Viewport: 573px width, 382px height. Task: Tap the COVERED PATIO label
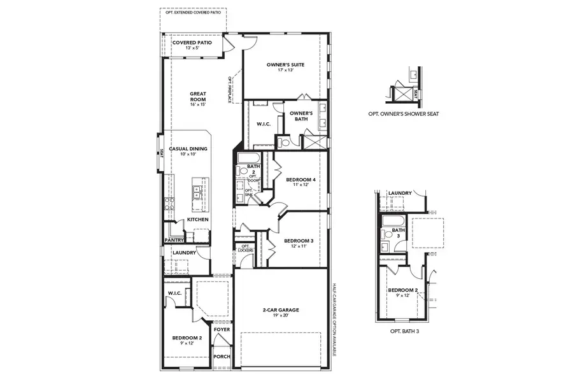[x=192, y=43]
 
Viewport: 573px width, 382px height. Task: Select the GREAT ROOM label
[x=198, y=97]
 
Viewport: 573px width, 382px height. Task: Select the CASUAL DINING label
[x=187, y=148]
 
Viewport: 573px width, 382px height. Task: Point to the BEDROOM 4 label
[x=301, y=180]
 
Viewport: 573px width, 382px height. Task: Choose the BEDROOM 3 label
[x=299, y=241]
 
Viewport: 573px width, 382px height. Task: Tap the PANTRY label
[x=174, y=240]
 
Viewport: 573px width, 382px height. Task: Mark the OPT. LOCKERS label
[x=245, y=248]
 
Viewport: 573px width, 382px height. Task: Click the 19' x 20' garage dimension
[x=281, y=316]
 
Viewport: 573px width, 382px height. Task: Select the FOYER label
[x=222, y=330]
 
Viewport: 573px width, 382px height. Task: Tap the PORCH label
[x=222, y=357]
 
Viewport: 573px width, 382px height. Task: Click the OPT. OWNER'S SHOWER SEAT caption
[x=403, y=114]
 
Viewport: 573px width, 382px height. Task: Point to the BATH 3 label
[x=399, y=233]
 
